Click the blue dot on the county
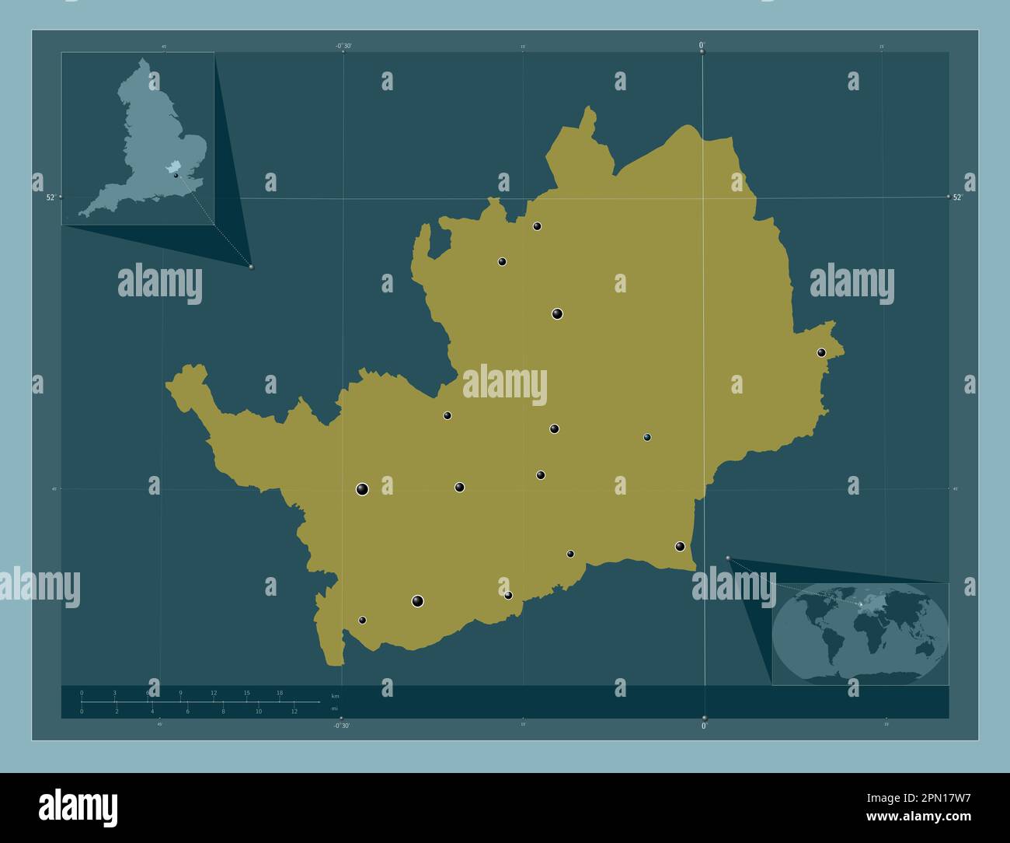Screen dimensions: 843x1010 coord(647,437)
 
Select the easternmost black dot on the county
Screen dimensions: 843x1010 coord(821,352)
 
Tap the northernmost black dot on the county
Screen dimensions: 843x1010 coord(537,226)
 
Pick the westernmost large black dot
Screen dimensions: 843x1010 coord(362,489)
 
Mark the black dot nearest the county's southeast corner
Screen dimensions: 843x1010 coord(680,546)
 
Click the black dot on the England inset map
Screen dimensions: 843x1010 coord(176,176)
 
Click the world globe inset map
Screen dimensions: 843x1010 coord(860,633)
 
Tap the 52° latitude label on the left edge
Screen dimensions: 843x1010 coord(50,198)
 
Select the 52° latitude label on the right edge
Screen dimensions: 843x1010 coord(957,198)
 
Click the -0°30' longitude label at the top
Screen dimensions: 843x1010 coord(343,46)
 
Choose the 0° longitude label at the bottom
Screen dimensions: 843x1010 coord(704,726)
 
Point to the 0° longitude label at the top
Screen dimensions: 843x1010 coord(702,45)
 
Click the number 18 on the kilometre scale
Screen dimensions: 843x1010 coord(280,692)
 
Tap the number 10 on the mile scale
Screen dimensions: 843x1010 coord(259,712)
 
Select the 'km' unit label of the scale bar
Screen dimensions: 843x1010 coord(335,695)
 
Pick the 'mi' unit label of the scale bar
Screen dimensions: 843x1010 coord(334,708)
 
